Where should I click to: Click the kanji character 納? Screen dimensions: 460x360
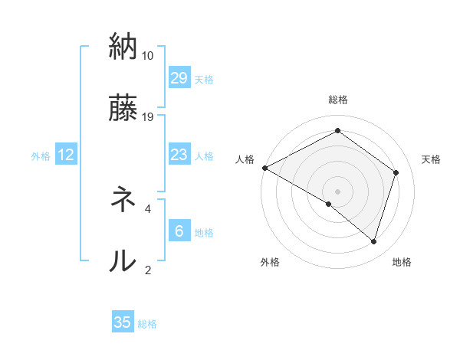[123, 47]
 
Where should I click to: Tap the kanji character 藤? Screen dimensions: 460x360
[123, 108]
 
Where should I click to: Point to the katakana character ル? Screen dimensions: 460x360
[123, 260]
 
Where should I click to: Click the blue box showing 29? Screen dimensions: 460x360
[179, 77]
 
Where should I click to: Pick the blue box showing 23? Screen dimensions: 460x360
[179, 155]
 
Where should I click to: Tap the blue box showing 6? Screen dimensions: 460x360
[179, 231]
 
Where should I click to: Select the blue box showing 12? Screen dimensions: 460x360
[66, 155]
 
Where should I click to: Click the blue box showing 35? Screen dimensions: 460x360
[123, 322]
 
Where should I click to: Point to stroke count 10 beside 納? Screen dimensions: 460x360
[148, 56]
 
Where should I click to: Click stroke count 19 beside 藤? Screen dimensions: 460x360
[148, 117]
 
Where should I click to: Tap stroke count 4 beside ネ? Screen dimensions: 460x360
[148, 208]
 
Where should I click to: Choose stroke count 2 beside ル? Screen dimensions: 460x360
[148, 270]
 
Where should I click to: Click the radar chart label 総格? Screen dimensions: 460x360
[337, 100]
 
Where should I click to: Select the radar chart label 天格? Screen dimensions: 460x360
[432, 159]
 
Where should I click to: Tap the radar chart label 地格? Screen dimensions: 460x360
[402, 262]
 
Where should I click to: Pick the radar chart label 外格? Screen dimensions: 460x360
[270, 262]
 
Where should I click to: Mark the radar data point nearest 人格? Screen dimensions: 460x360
[264, 168]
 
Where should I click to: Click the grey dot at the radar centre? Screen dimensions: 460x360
[337, 191]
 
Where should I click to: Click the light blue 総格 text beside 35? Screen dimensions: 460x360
[147, 324]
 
